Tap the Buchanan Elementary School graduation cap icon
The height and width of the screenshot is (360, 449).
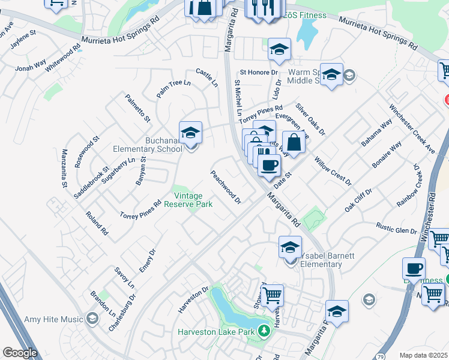pyautogui.click(x=190, y=132)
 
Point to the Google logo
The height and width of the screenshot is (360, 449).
pyautogui.click(x=20, y=353)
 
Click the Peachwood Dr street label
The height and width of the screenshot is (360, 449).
pyautogui.click(x=225, y=186)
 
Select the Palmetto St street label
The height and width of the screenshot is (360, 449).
pyautogui.click(x=137, y=108)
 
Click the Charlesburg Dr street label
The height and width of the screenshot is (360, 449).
pyautogui.click(x=122, y=316)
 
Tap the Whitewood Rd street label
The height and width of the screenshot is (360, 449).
pyautogui.click(x=63, y=58)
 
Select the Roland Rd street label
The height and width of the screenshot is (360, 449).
pyautogui.click(x=96, y=223)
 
